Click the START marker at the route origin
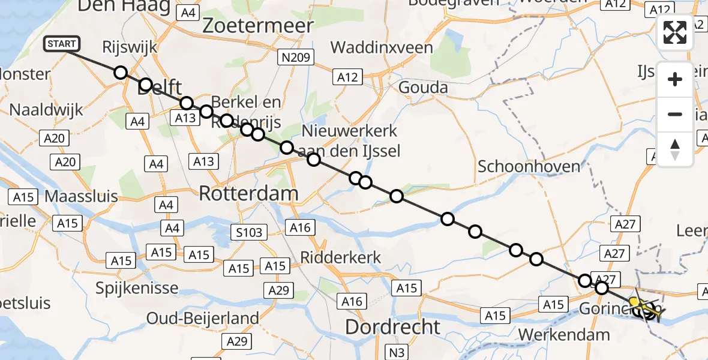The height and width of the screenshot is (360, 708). pyautogui.click(x=61, y=44)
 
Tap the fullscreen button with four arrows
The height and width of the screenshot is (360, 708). pyautogui.click(x=675, y=32)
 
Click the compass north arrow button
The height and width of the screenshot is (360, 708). pyautogui.click(x=675, y=149)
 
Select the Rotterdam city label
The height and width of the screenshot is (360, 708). pyautogui.click(x=248, y=194)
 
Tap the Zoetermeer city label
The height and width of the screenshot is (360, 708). pyautogui.click(x=258, y=26)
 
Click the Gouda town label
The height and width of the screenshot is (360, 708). pyautogui.click(x=424, y=88)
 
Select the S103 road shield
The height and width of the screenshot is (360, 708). pyautogui.click(x=249, y=232)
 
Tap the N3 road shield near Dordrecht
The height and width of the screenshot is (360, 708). pyautogui.click(x=395, y=352)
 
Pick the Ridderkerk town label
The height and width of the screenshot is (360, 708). pyautogui.click(x=341, y=257)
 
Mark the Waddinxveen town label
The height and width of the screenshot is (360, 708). pyautogui.click(x=381, y=47)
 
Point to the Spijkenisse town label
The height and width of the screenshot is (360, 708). pyautogui.click(x=137, y=288)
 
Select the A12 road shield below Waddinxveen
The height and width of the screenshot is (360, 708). pyautogui.click(x=347, y=77)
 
